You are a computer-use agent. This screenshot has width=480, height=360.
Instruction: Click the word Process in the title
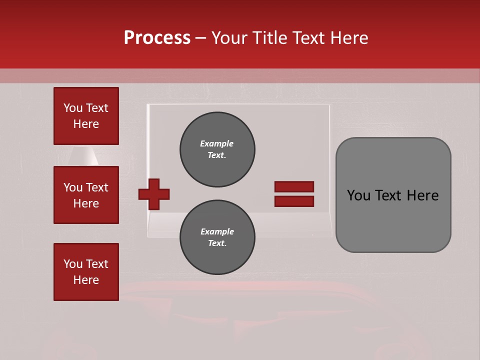[157, 38]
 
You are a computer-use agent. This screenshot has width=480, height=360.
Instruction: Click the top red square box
[86, 116]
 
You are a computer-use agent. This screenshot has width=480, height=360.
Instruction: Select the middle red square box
[86, 195]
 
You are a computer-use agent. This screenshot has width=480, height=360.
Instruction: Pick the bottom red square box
[86, 272]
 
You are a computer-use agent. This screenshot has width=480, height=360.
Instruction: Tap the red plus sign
[154, 193]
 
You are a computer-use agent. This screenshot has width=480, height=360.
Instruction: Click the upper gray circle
[217, 149]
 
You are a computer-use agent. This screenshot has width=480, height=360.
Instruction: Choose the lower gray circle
[217, 237]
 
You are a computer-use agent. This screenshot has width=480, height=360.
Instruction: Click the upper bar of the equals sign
[294, 186]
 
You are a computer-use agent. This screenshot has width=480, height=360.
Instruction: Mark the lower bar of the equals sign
[294, 201]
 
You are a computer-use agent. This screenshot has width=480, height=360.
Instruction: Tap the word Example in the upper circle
[216, 143]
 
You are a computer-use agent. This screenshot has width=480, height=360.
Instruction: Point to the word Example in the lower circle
[217, 231]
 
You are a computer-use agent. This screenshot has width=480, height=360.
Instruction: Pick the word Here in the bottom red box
[86, 280]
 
